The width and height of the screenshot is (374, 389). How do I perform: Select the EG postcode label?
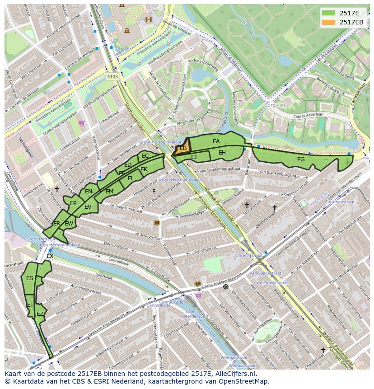pos(301,159)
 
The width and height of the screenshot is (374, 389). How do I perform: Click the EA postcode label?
pos(216,141)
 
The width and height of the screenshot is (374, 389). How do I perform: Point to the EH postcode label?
pos(222,153)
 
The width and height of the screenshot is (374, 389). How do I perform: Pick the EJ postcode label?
pos(194,157)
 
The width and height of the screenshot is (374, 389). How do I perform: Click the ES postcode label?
pos(29,278)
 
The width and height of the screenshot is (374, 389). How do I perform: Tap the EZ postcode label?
pos(40,314)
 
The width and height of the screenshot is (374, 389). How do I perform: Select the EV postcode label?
pos(88,207)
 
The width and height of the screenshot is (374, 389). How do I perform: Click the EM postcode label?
pos(109,192)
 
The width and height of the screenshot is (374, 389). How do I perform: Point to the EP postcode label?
pos(73,203)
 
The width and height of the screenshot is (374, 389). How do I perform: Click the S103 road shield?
pos(112,77)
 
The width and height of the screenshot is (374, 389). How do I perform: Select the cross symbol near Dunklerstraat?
pos(57,189)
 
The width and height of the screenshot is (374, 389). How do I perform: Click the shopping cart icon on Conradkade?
pos(198,296)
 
